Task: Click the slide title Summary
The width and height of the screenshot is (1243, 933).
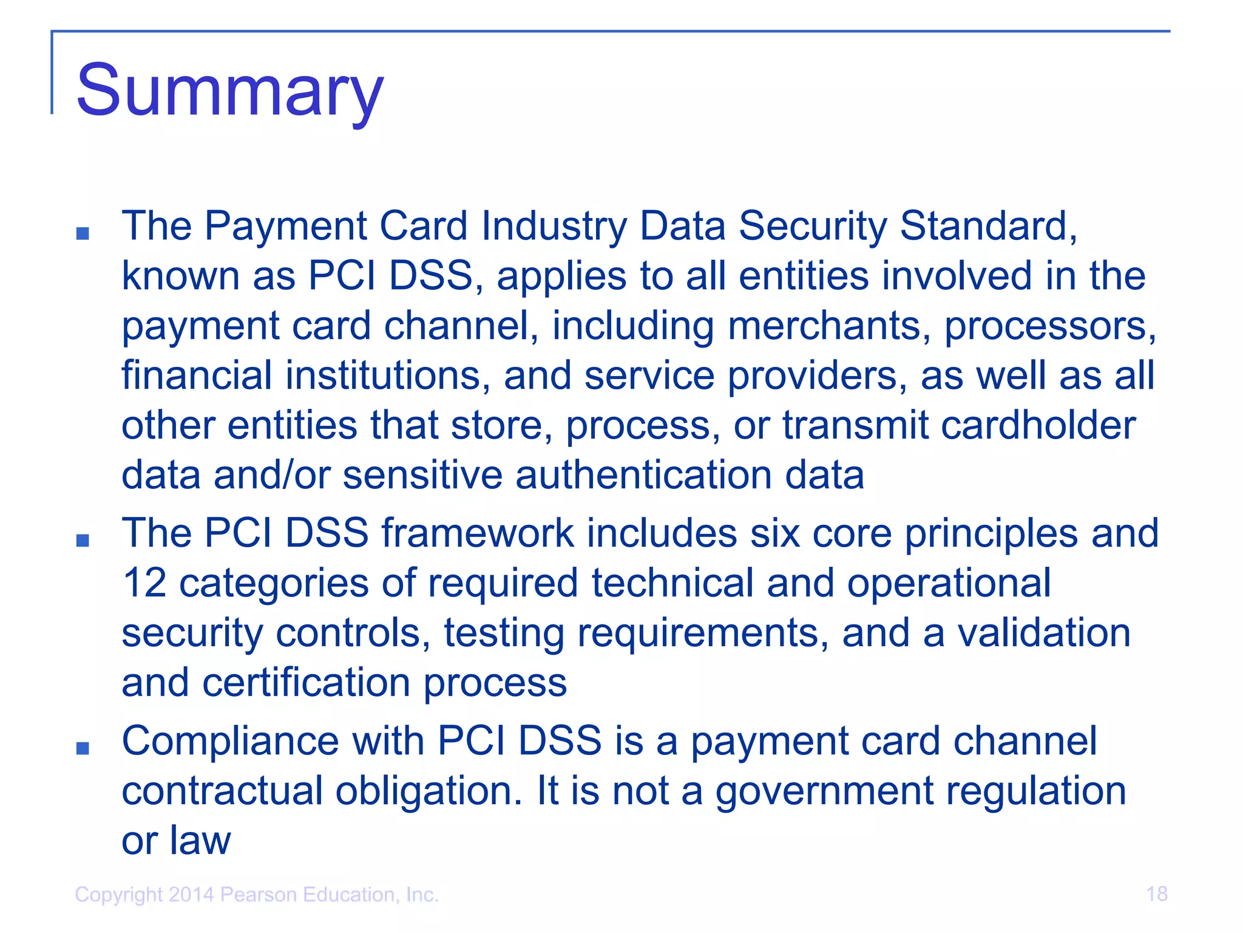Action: click(229, 91)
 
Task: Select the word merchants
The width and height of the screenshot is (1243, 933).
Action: click(829, 326)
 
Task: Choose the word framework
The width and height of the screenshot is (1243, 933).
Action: click(477, 533)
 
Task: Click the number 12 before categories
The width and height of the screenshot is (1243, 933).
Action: click(144, 583)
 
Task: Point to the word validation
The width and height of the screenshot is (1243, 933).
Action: click(1044, 633)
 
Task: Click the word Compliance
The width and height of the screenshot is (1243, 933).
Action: click(231, 741)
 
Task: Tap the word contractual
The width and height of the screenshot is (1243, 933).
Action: click(222, 791)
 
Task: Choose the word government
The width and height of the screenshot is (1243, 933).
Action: click(823, 792)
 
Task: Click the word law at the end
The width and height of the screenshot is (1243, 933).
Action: click(200, 841)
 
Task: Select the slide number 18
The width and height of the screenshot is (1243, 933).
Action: click(1157, 894)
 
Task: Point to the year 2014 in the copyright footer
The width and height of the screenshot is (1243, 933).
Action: click(191, 895)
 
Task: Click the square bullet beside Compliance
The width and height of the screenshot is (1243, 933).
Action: click(83, 748)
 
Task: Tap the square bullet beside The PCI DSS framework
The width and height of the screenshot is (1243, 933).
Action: click(83, 541)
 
